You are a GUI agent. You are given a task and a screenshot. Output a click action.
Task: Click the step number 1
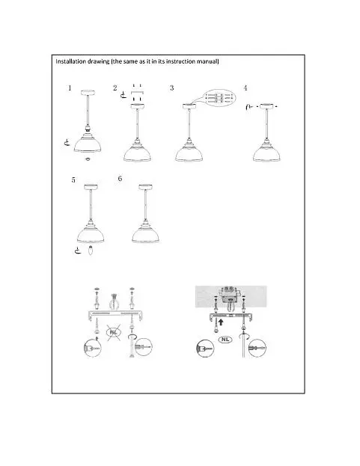70,88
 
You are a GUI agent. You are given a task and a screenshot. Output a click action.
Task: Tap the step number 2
115,88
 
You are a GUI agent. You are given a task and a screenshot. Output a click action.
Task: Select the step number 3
171,88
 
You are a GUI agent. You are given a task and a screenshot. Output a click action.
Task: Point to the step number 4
245,88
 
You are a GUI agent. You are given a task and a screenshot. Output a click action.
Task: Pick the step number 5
73,180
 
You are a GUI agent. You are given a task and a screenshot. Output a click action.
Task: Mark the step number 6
120,178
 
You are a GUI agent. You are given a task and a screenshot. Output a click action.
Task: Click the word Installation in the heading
71,61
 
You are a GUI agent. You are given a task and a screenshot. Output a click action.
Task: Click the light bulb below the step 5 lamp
91,251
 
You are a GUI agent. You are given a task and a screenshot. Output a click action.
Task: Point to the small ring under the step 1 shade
88,159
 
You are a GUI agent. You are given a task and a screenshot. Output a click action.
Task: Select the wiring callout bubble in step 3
219,97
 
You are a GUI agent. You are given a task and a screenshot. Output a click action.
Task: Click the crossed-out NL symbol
114,331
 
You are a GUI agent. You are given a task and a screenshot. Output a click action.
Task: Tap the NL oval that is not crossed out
225,340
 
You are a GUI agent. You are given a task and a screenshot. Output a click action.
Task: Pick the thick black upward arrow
221,322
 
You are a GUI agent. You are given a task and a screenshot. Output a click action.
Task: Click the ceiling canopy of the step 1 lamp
88,93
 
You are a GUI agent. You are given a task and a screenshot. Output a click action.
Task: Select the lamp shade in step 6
145,236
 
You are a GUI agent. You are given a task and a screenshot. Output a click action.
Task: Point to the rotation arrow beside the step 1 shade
67,143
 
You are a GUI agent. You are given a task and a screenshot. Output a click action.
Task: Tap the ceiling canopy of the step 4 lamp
266,106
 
